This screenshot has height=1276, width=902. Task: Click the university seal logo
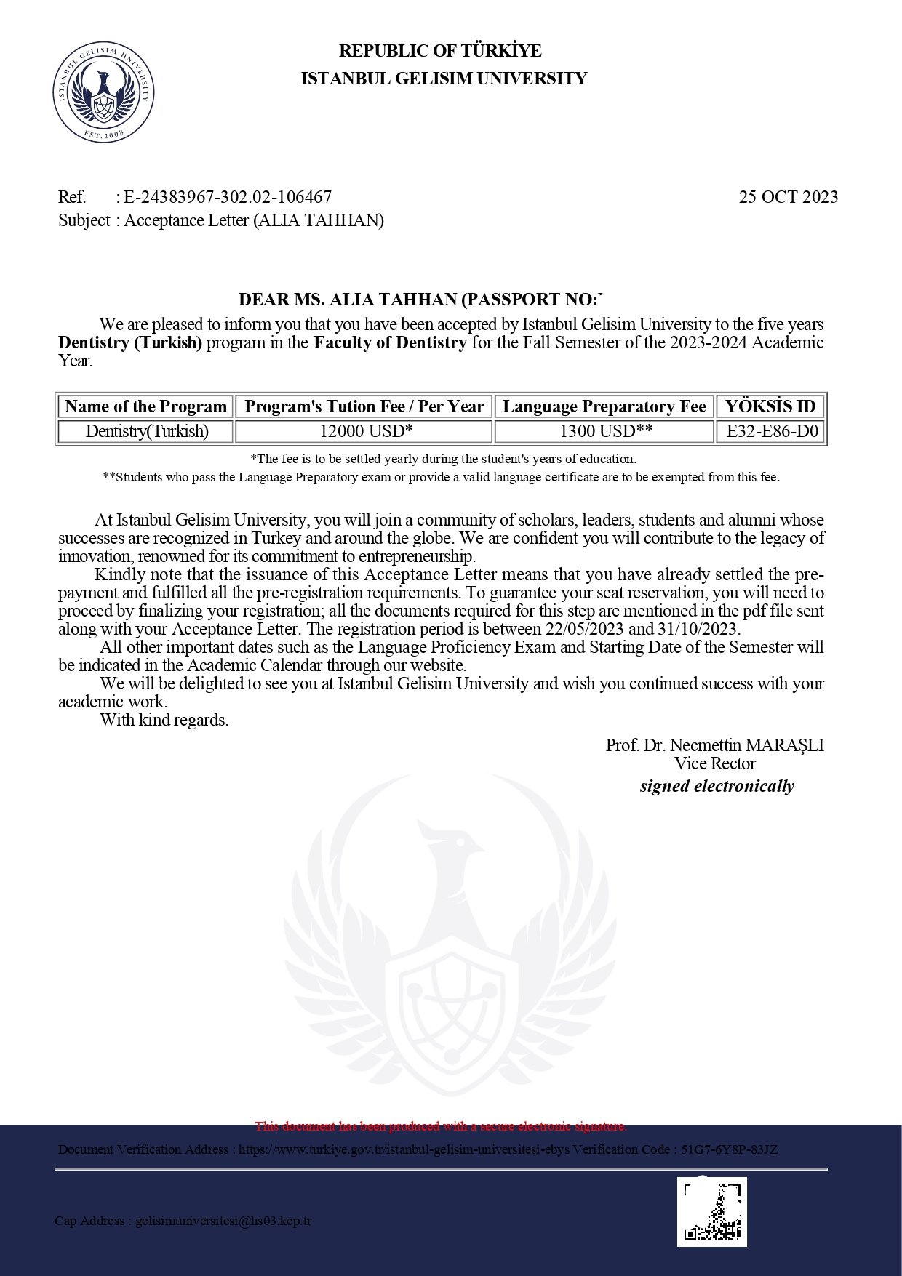[x=103, y=92]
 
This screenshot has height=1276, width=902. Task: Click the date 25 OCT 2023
[x=788, y=197]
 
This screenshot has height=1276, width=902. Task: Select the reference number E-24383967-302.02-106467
[x=228, y=197]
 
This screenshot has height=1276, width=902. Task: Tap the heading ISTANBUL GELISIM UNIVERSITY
[x=444, y=79]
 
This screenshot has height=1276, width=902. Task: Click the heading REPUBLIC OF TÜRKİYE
[x=440, y=51]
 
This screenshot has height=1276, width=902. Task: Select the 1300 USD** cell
[x=605, y=431]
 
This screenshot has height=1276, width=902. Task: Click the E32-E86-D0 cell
[x=772, y=431]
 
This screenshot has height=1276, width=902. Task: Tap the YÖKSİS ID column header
[x=770, y=406]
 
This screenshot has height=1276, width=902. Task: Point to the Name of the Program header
[x=145, y=406]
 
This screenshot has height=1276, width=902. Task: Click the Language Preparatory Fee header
[x=604, y=406]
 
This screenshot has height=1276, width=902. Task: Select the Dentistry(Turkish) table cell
[x=147, y=431]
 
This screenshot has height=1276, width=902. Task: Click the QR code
[x=712, y=1212]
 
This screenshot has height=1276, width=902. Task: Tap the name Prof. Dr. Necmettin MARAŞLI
[x=714, y=745]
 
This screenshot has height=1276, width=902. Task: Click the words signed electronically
[x=717, y=786]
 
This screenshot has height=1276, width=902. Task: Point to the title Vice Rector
[x=714, y=763]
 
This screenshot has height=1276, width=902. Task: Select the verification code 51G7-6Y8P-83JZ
[x=729, y=1149]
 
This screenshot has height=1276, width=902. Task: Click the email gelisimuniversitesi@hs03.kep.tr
[x=223, y=1221]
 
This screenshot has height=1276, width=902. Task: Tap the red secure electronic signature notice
[x=440, y=1126]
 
